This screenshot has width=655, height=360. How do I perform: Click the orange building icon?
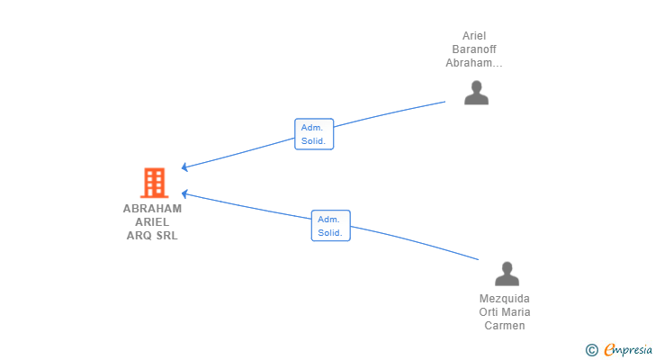(154, 183)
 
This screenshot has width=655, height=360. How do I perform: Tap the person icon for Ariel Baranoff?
(476, 93)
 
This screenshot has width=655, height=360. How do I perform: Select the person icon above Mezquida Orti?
(507, 274)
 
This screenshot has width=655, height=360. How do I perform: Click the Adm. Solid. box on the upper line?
(314, 134)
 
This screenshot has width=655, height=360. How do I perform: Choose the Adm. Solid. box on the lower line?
(330, 225)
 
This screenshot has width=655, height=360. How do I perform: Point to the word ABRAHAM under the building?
(152, 209)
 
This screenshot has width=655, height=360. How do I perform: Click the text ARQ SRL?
(152, 236)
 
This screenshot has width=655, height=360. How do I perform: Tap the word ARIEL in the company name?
(152, 222)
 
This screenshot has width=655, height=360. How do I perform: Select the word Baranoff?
(474, 49)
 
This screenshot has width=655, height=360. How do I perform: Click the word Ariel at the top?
(474, 36)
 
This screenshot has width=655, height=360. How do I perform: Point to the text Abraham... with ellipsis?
(474, 63)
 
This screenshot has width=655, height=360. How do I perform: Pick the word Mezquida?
(505, 299)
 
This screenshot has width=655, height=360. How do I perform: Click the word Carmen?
(505, 326)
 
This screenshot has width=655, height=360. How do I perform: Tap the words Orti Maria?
(505, 312)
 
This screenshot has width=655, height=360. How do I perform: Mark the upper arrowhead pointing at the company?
(184, 167)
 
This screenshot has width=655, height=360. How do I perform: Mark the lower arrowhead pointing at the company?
(184, 193)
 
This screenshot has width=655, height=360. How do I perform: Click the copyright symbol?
(591, 350)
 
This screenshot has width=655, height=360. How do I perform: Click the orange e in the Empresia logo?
(609, 350)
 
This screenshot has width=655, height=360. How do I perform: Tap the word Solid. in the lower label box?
(330, 232)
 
